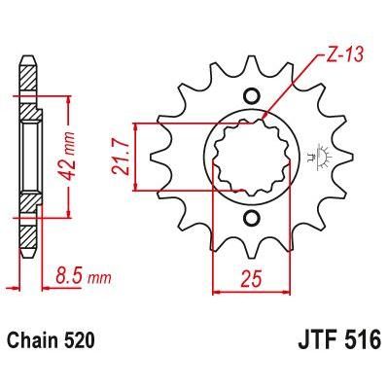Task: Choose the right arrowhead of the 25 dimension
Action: click(289, 289)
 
